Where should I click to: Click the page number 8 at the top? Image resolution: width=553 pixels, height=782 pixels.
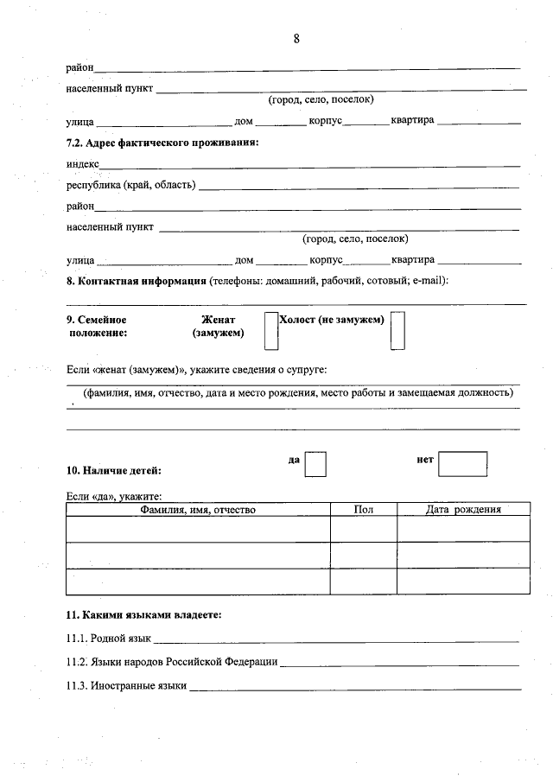[296, 38]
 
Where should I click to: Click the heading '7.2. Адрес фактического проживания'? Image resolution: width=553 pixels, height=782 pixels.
[162, 142]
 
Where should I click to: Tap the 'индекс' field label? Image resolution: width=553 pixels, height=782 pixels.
[83, 163]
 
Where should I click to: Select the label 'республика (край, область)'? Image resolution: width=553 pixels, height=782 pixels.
[130, 185]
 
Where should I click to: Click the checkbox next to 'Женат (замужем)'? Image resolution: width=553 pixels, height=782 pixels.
[270, 331]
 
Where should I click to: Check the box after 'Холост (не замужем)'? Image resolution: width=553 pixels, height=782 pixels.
[397, 331]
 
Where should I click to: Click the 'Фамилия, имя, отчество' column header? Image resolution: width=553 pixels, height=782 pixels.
[198, 510]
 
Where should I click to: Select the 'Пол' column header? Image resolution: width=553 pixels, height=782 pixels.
[364, 510]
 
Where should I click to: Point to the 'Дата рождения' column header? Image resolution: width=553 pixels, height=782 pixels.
[463, 510]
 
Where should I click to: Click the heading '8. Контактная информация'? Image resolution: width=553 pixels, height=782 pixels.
[136, 281]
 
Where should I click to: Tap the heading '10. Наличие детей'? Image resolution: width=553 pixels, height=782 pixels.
[113, 471]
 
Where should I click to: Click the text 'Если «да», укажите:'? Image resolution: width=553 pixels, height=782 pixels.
[114, 496]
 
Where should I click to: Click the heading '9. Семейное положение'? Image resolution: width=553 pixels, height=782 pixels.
[97, 325]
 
